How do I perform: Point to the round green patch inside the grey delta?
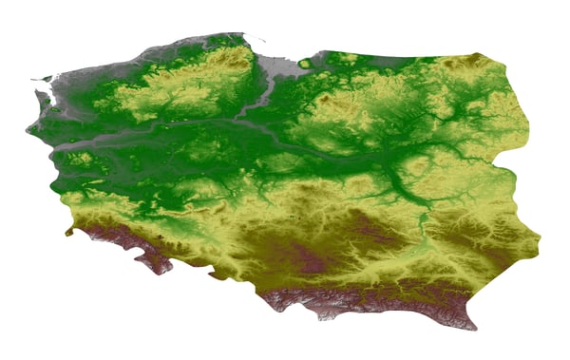pyautogui.click(x=304, y=65)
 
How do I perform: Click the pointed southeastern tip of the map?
pyautogui.click(x=472, y=326)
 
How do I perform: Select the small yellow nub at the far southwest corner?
pyautogui.click(x=69, y=230)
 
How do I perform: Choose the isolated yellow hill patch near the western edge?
pyautogui.click(x=81, y=159)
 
